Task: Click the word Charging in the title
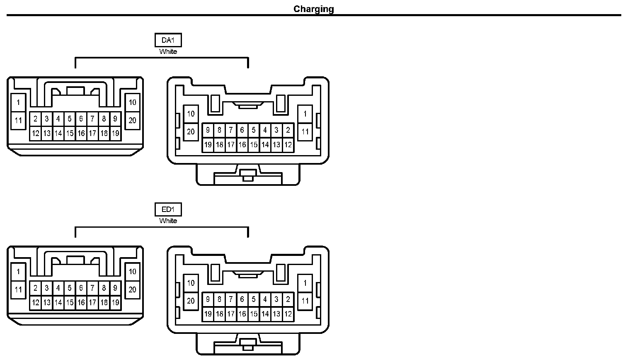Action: click(314, 9)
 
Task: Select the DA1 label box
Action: click(168, 40)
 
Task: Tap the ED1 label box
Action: click(168, 209)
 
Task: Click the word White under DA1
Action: click(168, 52)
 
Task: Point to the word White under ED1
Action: click(168, 221)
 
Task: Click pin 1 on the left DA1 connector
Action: click(18, 102)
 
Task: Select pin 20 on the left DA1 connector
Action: click(132, 121)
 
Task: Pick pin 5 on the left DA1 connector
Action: click(70, 119)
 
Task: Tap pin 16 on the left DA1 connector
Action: click(81, 134)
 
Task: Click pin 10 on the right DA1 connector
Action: click(191, 114)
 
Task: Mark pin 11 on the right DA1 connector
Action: click(305, 132)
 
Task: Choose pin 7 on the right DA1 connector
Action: click(231, 130)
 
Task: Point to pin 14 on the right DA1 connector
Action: click(265, 145)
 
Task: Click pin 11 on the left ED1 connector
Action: click(18, 290)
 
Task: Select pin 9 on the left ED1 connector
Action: click(115, 288)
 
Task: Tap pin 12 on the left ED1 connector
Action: click(36, 303)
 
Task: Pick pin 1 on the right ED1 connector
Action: click(305, 283)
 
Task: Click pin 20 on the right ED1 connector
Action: click(191, 301)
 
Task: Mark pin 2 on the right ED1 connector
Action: click(288, 299)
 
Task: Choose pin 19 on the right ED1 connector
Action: click(208, 314)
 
